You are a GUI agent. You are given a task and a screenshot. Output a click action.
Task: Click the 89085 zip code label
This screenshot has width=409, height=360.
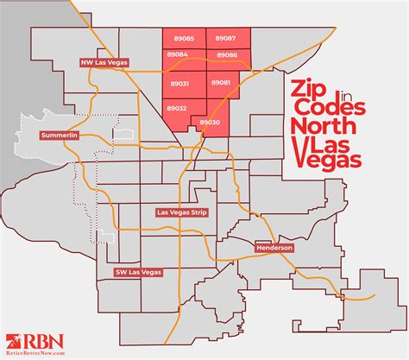point(184,40)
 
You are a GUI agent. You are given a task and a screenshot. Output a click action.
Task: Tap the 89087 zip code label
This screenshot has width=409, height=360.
point(225,40)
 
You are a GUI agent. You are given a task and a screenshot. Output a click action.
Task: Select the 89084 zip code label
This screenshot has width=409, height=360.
point(178,55)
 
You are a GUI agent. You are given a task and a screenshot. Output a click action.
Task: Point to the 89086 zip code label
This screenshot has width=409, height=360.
point(228,55)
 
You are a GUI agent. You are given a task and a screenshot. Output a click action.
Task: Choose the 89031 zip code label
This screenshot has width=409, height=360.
point(179,84)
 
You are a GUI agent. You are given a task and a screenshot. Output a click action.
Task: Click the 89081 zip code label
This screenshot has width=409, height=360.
point(221,82)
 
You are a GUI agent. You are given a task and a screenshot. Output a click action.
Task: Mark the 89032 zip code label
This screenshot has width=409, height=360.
point(178,108)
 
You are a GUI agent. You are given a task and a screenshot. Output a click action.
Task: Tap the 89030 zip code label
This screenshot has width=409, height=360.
point(210,123)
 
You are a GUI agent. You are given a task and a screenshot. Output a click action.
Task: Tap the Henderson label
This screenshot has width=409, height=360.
point(274,248)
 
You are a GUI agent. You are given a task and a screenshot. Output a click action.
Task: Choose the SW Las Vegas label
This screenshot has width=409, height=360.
point(139,272)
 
